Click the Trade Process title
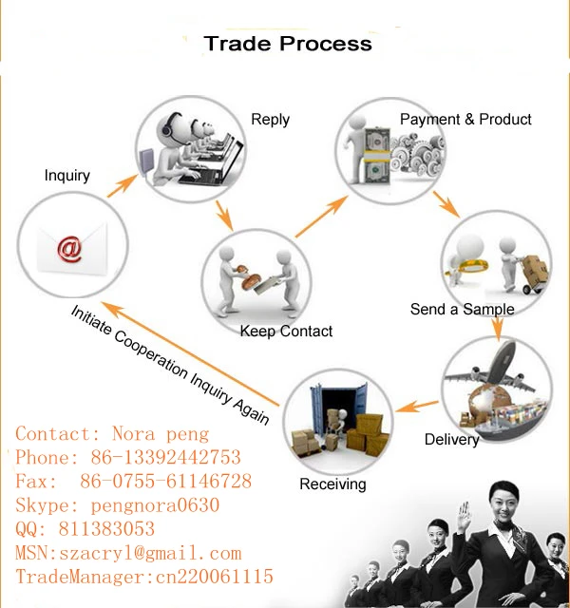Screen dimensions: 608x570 (x=288, y=44)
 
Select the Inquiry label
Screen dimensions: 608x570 (x=67, y=175)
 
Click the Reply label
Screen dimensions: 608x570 (x=270, y=120)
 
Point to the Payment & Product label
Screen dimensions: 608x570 (x=465, y=120)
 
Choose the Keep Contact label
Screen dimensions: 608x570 (x=286, y=331)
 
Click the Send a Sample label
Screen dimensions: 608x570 (x=462, y=310)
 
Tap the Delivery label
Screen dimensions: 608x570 (x=451, y=440)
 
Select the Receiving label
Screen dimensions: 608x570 (x=332, y=484)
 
